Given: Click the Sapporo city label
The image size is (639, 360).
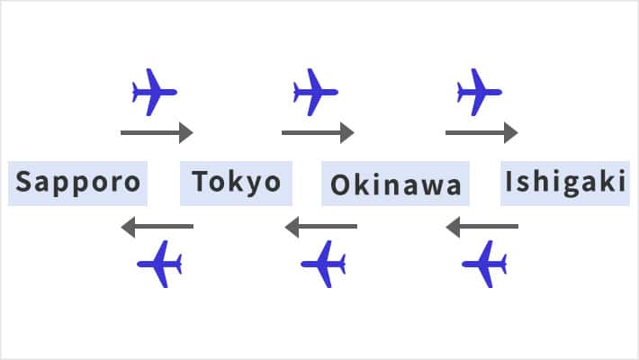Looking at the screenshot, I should pos(78,183).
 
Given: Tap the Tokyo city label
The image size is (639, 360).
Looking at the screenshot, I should pos(237,183).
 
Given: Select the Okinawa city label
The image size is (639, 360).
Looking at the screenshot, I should pos(396,184).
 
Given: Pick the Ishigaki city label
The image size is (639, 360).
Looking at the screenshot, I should pos(564,182).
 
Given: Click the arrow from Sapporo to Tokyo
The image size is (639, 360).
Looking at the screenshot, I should pos(157,133).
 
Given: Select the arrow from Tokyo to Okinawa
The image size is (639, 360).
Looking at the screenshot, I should pos(318,133).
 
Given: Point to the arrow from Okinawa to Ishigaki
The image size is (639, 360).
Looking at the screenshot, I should pos(481,133).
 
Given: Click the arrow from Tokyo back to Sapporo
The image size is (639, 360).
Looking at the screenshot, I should pos(157,226).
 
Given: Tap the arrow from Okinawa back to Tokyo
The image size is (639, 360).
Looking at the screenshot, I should pos(320,227).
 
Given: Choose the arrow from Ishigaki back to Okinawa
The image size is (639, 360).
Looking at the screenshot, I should pos(481,227).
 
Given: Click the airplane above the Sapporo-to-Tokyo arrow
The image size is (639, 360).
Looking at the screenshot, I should pos(154,92).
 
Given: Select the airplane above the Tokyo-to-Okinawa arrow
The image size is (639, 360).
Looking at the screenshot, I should pos(315,92).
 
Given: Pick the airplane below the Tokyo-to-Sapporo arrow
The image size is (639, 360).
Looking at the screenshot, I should pos(160,264).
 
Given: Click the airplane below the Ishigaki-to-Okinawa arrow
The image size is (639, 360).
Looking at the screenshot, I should pos(485,264).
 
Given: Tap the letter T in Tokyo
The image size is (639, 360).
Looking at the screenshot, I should pos(201,183).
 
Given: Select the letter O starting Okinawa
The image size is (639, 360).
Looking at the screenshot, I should pos(339,184).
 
